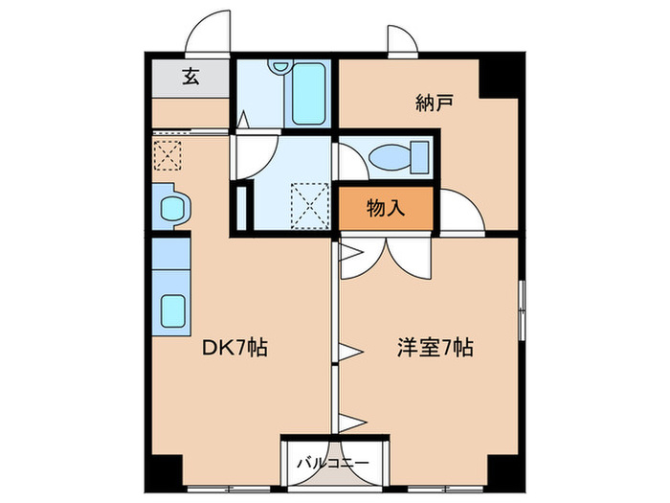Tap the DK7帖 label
point(233,349)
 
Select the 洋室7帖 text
point(435,349)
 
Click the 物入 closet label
point(386,209)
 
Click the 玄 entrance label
point(190,78)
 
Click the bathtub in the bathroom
point(309,94)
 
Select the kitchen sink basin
point(173,309)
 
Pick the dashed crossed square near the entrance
point(167,154)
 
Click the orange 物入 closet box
point(386,209)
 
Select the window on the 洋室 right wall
point(521,309)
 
